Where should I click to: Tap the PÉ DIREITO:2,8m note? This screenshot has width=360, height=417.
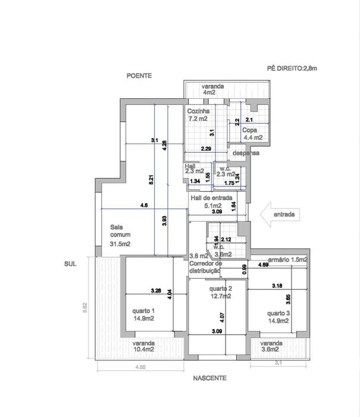pyautogui.click(x=292, y=69)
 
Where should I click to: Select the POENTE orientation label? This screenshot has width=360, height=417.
pyautogui.click(x=139, y=76)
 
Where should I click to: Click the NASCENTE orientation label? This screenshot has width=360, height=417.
pyautogui.click(x=209, y=378)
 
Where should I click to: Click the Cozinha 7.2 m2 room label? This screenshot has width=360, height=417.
pyautogui.click(x=198, y=115)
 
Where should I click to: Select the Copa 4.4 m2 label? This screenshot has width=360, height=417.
pyautogui.click(x=253, y=133)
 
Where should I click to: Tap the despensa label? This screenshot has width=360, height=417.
pyautogui.click(x=246, y=153)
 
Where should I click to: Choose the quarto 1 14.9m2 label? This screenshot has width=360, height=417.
pyautogui.click(x=144, y=314)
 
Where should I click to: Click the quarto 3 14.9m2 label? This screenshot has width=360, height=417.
pyautogui.click(x=278, y=317)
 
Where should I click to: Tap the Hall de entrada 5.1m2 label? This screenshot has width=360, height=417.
pyautogui.click(x=210, y=202)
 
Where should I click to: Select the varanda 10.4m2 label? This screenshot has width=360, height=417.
pyautogui.click(x=144, y=347)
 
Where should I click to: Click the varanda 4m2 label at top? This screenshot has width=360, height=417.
pyautogui.click(x=212, y=89)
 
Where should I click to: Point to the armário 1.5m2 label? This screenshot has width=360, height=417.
pyautogui.click(x=287, y=260)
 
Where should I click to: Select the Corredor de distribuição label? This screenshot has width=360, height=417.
pyautogui.click(x=205, y=266)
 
